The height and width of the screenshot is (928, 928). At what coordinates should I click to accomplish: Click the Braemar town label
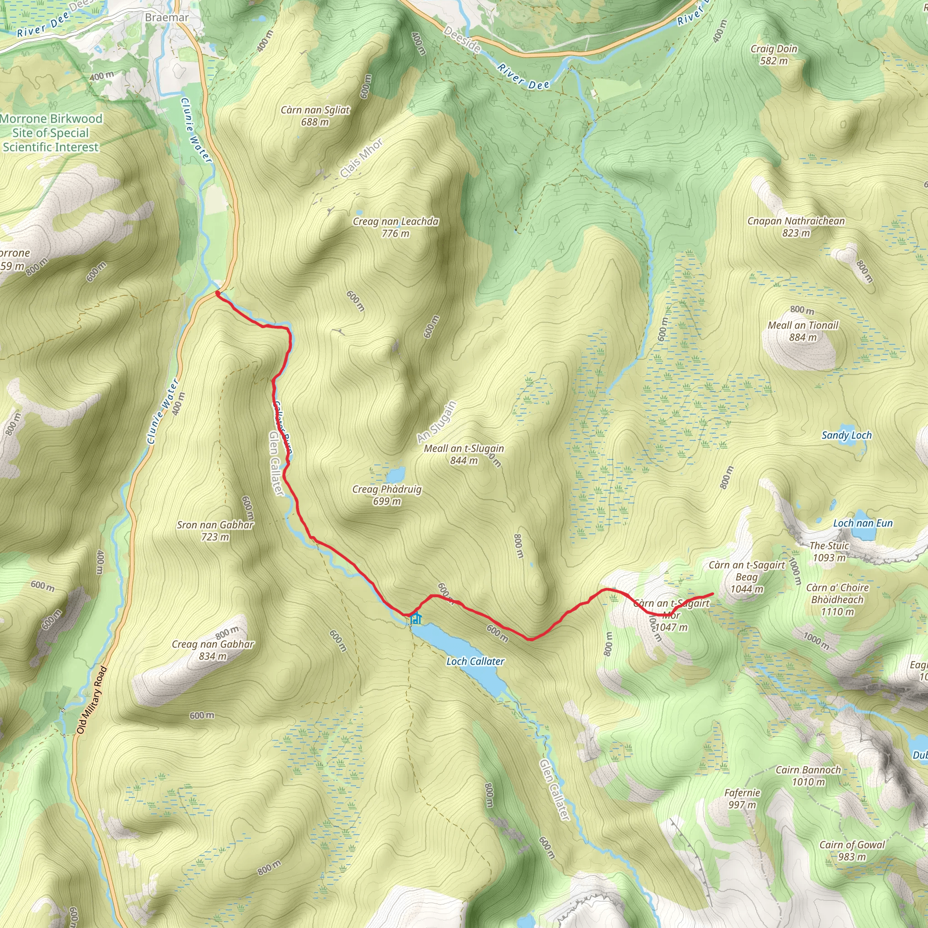167,17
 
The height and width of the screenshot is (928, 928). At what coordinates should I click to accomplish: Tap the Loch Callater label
475,662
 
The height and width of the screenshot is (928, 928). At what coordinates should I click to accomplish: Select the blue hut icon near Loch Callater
416,619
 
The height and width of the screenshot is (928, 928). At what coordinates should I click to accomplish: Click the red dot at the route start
217,293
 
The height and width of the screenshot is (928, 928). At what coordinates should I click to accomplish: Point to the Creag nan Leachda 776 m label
395,227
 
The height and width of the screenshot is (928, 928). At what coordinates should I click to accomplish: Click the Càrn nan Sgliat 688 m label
315,116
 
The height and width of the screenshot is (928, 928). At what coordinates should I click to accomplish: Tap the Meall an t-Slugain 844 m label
464,454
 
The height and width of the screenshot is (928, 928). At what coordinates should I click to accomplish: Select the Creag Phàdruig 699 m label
387,495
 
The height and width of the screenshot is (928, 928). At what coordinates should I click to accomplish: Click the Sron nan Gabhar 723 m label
215,531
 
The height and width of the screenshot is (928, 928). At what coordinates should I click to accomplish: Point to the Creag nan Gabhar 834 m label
213,650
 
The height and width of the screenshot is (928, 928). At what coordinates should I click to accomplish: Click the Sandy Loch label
846,435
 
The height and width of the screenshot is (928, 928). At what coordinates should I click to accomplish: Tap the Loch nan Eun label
863,523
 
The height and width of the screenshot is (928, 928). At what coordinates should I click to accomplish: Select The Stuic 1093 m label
829,551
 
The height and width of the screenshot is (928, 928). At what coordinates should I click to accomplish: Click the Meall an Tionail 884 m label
802,331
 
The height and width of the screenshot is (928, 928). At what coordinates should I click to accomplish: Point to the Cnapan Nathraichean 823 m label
796,227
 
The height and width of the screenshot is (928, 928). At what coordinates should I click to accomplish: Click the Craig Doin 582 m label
774,55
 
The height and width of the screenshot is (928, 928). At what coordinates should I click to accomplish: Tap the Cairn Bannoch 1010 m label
808,776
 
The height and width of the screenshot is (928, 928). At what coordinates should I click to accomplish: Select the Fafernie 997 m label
742,798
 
